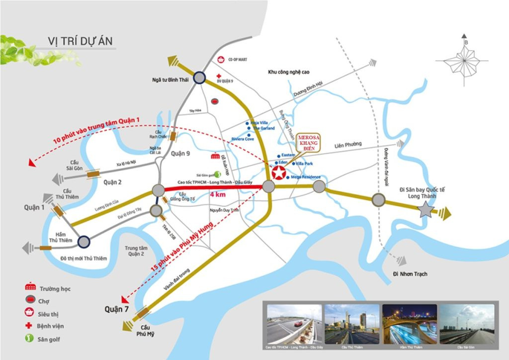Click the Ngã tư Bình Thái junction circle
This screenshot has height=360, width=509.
(199, 78)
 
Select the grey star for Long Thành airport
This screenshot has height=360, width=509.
(425, 211)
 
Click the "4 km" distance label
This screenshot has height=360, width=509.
(218, 195)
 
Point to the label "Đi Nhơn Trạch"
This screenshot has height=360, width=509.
(410, 274)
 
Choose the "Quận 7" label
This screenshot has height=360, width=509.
(113, 309)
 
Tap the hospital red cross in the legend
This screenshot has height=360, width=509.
(31, 326)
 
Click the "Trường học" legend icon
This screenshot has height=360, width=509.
(31, 288)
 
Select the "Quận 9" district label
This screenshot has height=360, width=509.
(180, 153)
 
